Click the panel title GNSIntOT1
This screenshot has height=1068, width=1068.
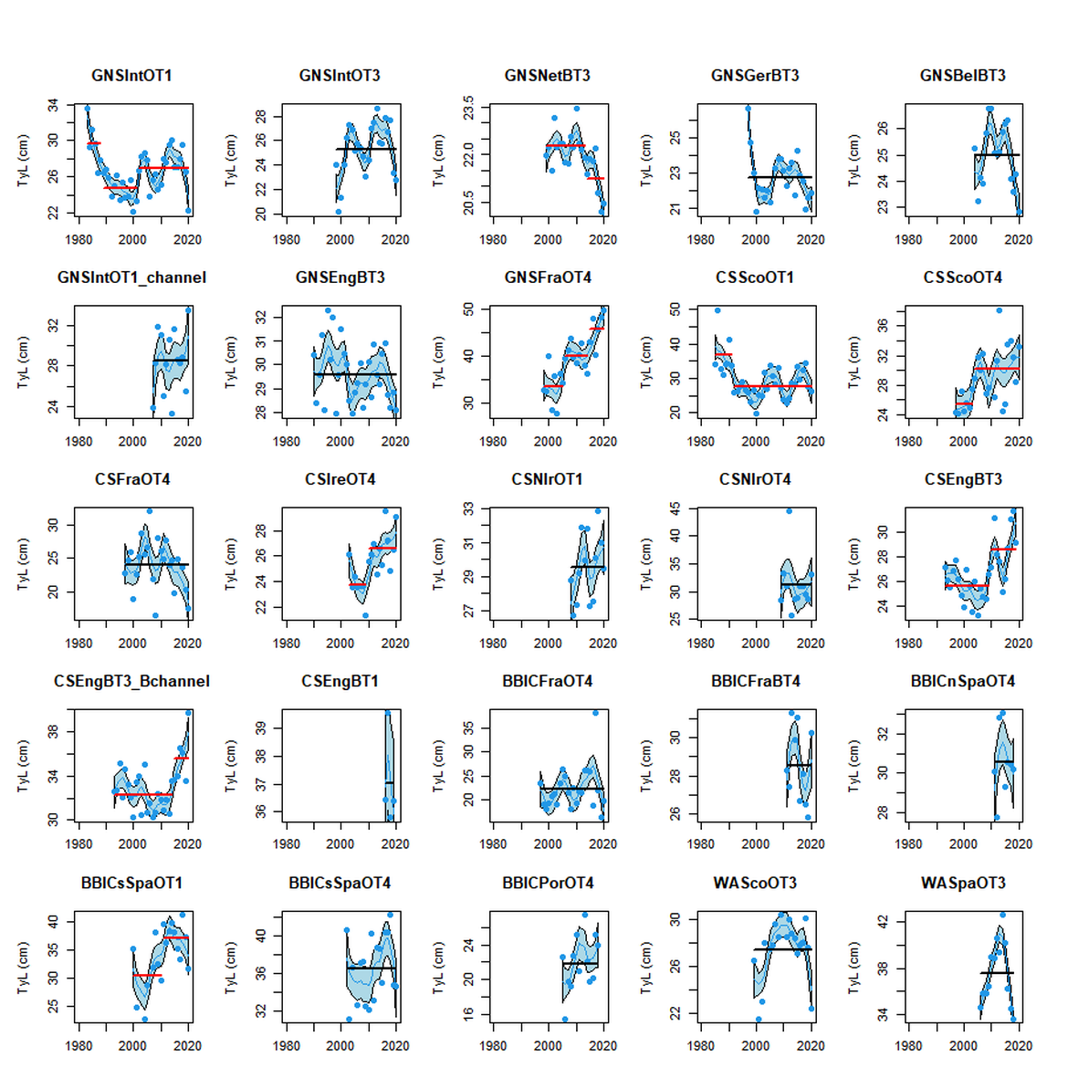pos(131,76)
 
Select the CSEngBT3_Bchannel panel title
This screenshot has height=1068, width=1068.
pos(131,681)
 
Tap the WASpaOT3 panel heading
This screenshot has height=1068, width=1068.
pos(962,883)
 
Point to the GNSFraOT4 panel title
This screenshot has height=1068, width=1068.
pos(547,277)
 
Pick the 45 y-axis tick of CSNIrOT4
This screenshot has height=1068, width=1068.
pos(675,509)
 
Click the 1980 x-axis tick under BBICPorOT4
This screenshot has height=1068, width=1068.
pos(493,1046)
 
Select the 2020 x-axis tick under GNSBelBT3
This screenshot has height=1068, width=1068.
pos(1018,239)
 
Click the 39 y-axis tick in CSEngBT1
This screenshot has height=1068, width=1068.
pos(261,728)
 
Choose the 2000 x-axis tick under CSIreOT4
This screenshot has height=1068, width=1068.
pos(340,643)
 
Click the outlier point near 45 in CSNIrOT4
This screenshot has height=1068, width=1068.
pos(789,511)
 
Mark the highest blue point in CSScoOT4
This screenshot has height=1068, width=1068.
pos(999,310)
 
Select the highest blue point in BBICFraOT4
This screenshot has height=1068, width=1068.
pos(596,713)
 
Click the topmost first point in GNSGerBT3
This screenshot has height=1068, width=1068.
pos(748,108)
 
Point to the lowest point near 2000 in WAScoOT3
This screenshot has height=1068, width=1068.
pos(759,1020)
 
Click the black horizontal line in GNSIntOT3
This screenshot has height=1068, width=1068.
pos(365,149)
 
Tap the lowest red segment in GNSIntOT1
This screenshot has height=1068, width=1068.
pos(120,188)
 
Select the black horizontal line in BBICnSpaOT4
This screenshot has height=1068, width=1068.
pos(1004,761)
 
